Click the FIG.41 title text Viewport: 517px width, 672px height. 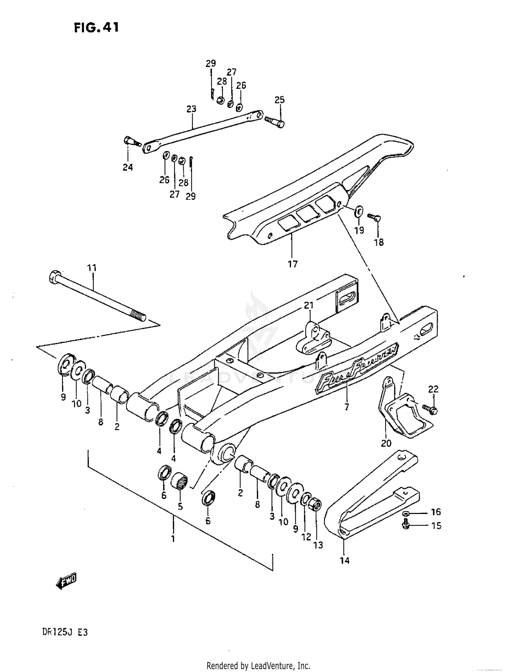[x=97, y=27]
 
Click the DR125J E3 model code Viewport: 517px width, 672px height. [x=65, y=632]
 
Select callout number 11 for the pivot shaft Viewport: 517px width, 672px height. [x=92, y=268]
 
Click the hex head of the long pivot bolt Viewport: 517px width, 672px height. [x=54, y=277]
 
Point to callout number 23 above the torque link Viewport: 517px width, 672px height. [x=191, y=109]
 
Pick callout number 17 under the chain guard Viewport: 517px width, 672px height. [x=292, y=264]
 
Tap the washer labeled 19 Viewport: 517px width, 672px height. [x=358, y=211]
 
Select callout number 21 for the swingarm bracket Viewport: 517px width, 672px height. [x=309, y=305]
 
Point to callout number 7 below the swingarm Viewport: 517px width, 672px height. [x=346, y=407]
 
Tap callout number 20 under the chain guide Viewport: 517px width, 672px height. [x=386, y=443]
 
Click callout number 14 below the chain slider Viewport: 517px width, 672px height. [x=344, y=561]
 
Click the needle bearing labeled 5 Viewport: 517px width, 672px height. [x=180, y=481]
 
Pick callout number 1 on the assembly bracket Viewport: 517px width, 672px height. [x=173, y=538]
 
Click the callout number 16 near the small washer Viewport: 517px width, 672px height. [x=436, y=512]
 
